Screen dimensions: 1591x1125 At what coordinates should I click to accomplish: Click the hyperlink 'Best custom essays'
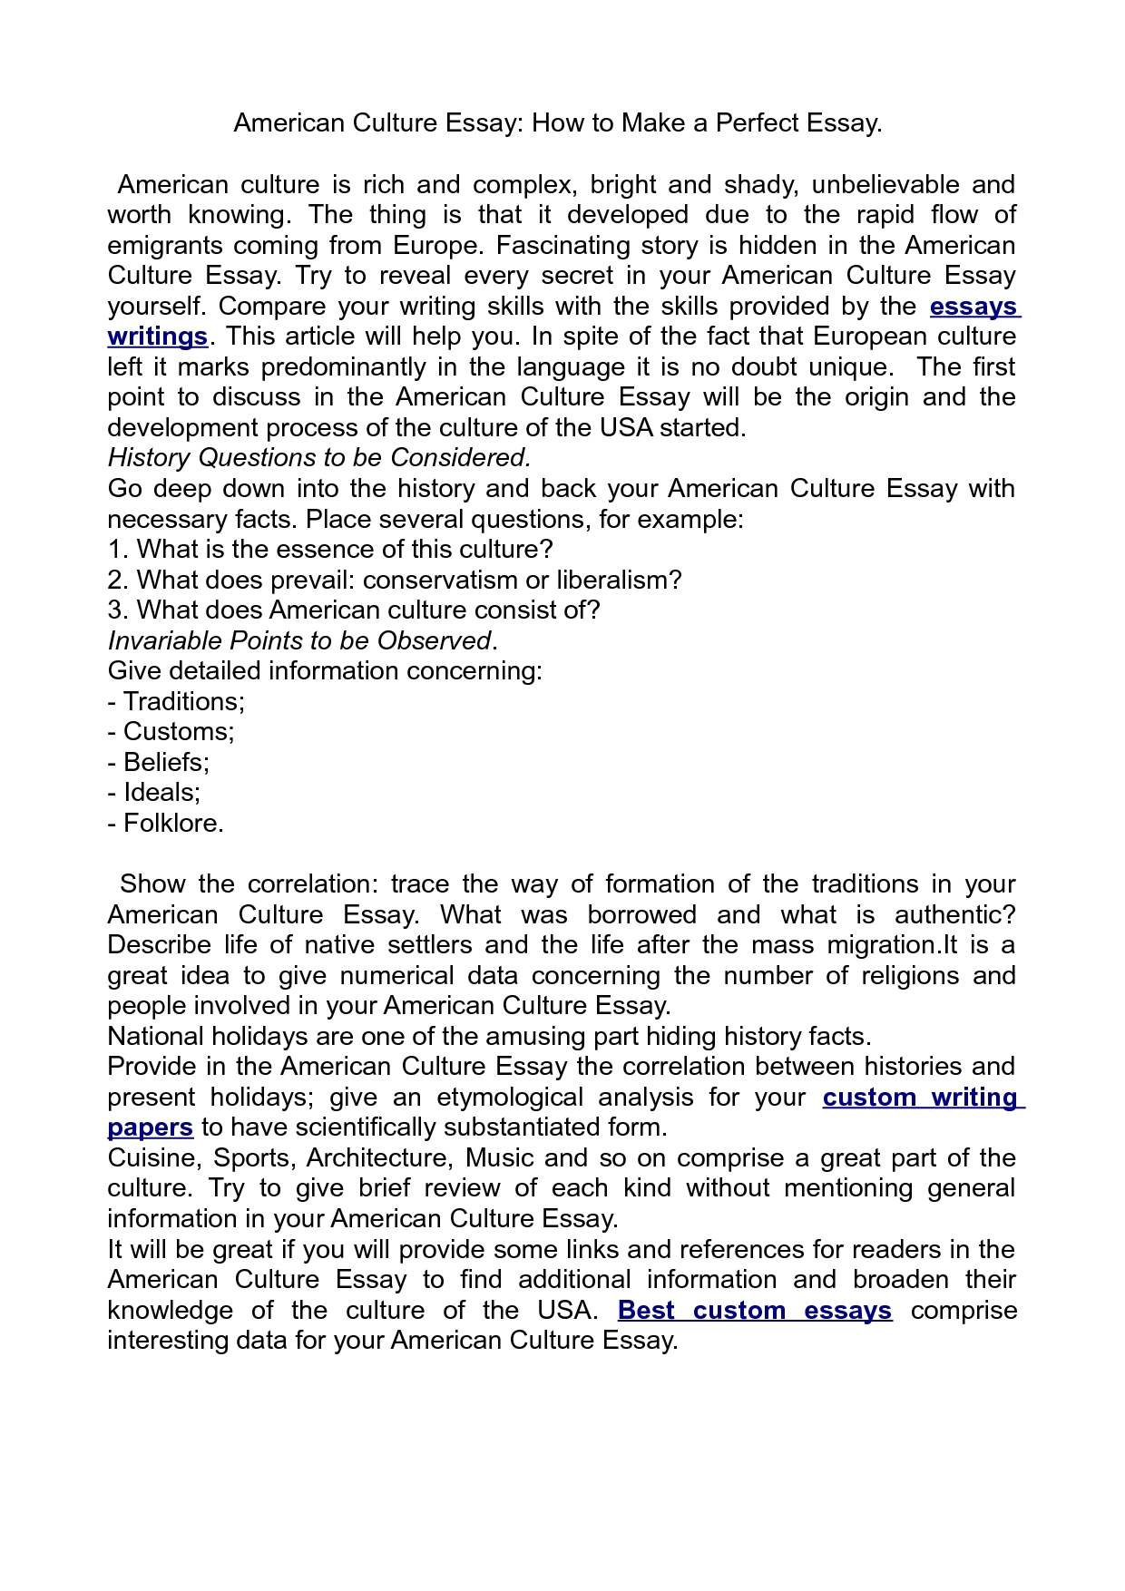point(754,1310)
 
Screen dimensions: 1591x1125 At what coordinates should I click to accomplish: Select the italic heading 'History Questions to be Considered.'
point(318,457)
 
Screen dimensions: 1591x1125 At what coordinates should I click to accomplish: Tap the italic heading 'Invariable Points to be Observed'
point(299,640)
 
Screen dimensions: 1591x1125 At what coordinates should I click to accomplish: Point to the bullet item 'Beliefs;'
point(166,762)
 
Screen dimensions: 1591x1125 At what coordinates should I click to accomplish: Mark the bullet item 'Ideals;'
point(161,792)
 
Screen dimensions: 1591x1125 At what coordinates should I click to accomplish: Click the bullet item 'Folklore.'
point(173,823)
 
